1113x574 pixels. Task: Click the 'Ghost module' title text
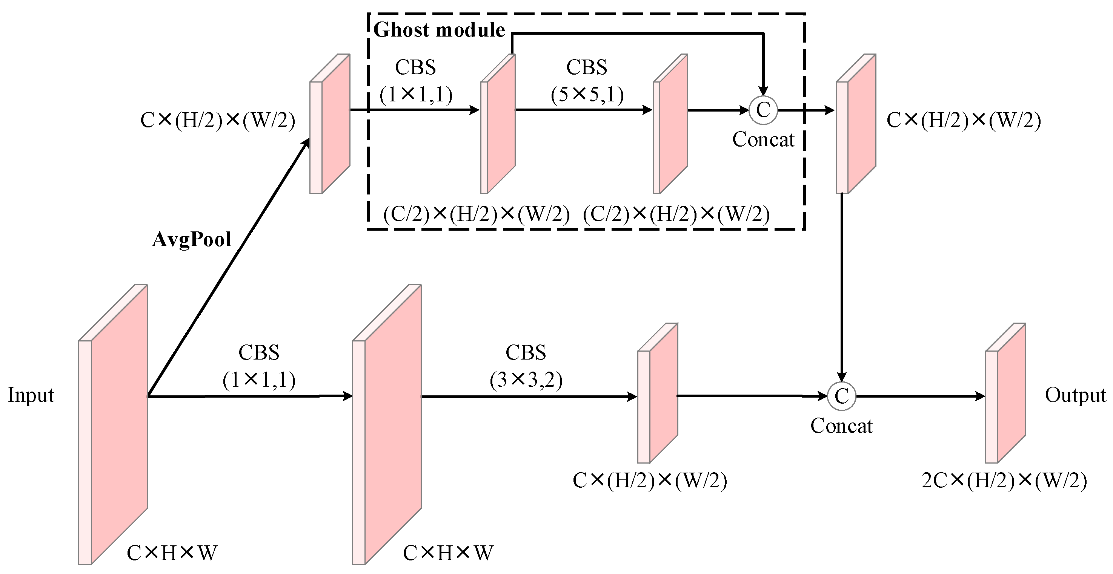tap(439, 30)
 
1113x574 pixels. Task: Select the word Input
tap(31, 395)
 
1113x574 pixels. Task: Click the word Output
tap(1075, 395)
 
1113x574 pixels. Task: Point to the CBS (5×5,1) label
tap(587, 81)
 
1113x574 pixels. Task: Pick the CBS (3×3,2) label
tap(526, 366)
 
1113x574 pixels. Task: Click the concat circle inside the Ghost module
tap(763, 110)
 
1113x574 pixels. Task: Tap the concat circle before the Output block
tap(841, 396)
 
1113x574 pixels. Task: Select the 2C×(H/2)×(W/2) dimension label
tap(1004, 481)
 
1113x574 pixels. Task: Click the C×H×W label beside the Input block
tap(172, 553)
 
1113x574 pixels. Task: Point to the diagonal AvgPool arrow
tap(229, 268)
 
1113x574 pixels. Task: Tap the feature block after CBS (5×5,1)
tap(670, 124)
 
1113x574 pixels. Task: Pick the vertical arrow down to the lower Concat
tap(842, 285)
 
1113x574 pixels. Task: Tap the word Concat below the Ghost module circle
tap(763, 140)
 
